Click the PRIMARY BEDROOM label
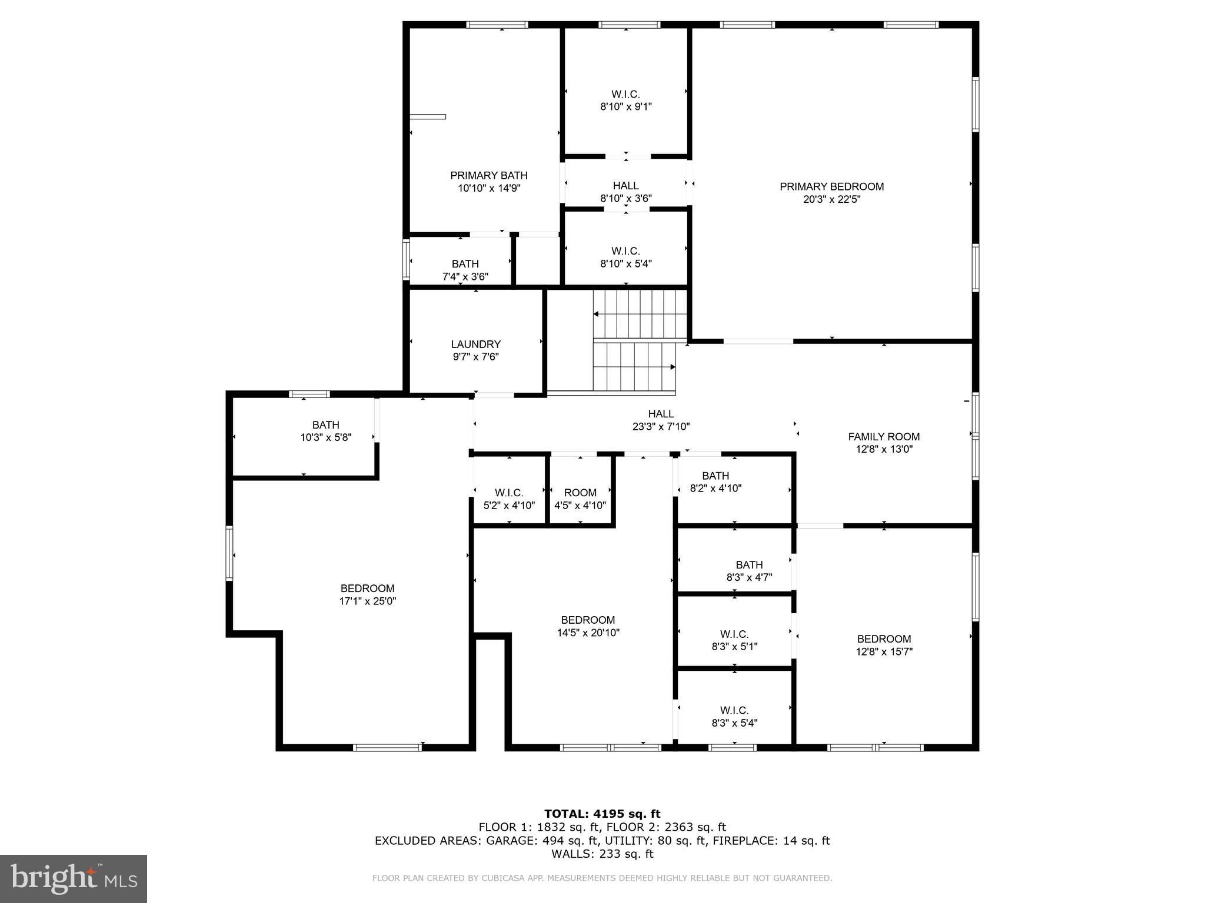point(831,186)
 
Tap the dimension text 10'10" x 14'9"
point(489,188)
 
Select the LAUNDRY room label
point(475,344)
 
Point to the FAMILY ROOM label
point(884,436)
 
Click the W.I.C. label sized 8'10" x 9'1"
point(625,94)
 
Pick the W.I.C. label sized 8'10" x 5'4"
point(625,251)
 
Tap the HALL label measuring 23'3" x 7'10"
point(661,414)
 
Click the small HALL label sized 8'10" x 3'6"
point(625,186)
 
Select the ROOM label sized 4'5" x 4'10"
point(580,493)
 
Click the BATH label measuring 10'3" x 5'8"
point(325,424)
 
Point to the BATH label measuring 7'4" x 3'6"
point(465,264)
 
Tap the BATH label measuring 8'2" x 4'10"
point(715,476)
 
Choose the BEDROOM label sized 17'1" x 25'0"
point(367,588)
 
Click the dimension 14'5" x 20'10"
point(588,633)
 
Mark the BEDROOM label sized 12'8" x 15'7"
point(884,639)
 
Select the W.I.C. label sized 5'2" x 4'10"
point(509,493)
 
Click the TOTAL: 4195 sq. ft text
point(602,814)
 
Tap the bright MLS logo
point(74,878)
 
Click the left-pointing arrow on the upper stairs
point(597,314)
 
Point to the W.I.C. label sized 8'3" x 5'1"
point(734,634)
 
